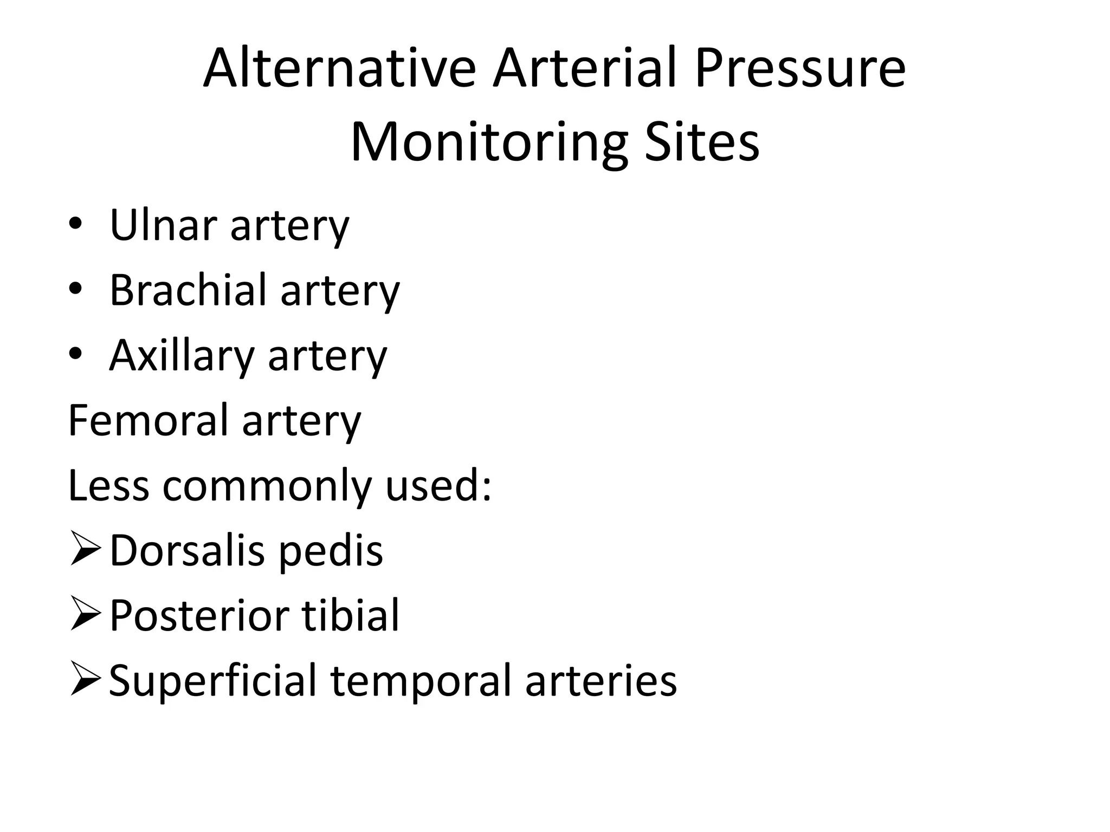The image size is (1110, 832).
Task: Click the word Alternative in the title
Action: pos(339,69)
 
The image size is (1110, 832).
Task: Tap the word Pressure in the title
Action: pos(799,69)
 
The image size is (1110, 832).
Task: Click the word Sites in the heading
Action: pos(702,143)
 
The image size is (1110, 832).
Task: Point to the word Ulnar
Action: pos(163,225)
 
